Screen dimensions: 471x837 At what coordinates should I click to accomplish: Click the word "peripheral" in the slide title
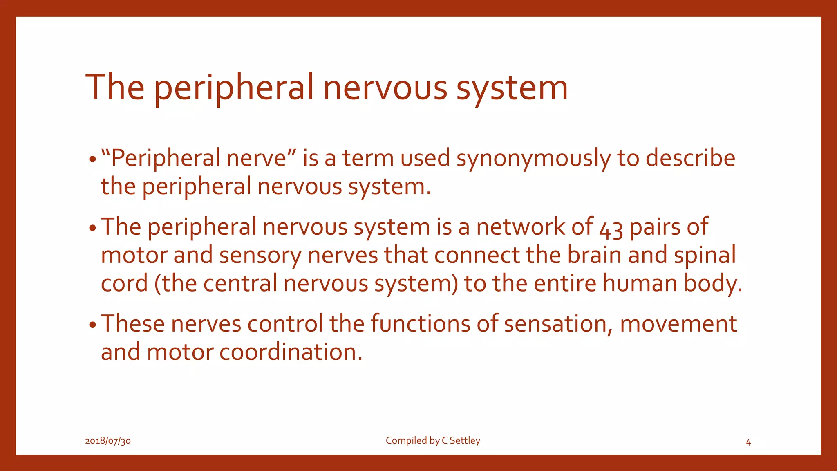233,88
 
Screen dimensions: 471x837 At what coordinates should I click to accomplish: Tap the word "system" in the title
512,88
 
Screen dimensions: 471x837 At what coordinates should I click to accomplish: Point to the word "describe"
690,158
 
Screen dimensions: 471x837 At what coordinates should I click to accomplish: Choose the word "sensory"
260,256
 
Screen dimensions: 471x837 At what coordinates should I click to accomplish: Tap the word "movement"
678,324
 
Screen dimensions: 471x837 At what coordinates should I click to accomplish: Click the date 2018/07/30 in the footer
108,441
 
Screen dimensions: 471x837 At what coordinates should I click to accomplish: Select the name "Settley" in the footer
465,440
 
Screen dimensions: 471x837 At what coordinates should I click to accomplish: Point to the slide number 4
748,442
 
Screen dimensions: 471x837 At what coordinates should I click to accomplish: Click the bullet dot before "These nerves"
93,325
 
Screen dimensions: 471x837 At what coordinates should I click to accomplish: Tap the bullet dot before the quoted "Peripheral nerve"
93,159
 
